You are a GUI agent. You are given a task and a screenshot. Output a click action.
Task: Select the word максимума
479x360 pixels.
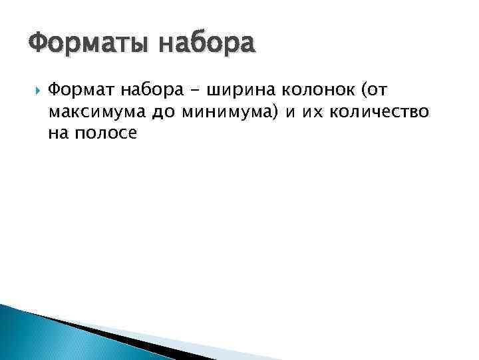coord(96,112)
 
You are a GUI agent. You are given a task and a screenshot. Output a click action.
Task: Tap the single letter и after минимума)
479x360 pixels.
coord(290,112)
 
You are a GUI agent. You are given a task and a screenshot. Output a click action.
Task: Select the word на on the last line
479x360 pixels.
coord(58,133)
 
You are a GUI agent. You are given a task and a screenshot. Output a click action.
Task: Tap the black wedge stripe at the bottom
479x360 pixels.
coord(106,337)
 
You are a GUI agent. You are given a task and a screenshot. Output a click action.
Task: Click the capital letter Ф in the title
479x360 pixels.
coord(38,45)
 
